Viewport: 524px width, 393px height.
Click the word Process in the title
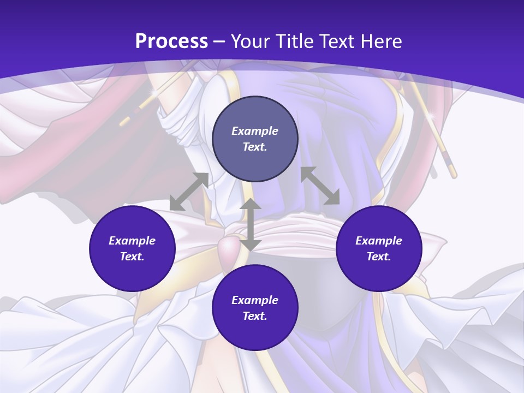171,41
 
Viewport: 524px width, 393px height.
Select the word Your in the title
252,41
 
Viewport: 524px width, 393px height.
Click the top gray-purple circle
255,139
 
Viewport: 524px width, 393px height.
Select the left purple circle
132,248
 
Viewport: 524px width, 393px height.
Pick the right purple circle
379,248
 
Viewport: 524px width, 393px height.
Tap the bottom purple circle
255,308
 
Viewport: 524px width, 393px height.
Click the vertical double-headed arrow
251,224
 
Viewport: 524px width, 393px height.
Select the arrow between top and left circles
189,192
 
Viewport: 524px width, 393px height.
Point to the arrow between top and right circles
320,186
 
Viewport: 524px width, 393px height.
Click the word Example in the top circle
255,131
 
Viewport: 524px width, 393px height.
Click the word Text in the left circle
132,257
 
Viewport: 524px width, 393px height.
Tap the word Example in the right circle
379,241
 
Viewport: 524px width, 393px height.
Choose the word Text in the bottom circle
255,316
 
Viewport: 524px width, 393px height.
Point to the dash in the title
219,41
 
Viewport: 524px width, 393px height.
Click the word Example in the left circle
132,241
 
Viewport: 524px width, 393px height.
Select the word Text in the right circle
379,257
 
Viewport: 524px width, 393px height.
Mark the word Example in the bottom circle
255,300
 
